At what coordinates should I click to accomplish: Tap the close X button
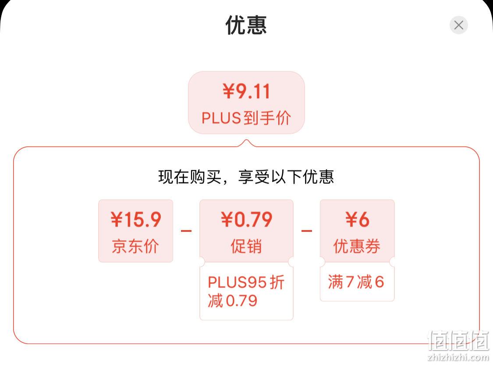(459, 25)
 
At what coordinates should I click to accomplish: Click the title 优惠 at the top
(246, 25)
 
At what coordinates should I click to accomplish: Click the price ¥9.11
(246, 92)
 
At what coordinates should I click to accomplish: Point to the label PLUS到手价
(246, 118)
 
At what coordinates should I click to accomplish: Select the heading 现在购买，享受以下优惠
(246, 177)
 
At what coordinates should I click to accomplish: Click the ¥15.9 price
(136, 220)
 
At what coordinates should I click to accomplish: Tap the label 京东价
(135, 246)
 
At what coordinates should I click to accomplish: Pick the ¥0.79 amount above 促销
(246, 220)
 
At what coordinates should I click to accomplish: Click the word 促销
(246, 246)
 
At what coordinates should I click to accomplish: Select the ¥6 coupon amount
(357, 220)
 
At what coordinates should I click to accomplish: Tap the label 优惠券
(357, 246)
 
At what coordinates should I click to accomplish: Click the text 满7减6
(356, 281)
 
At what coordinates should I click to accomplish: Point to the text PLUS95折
(246, 282)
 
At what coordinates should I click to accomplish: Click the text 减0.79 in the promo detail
(233, 301)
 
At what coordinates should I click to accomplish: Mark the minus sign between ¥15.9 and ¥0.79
(186, 231)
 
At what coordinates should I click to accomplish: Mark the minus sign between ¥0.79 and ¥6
(307, 231)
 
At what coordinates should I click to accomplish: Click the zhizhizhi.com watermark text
(458, 357)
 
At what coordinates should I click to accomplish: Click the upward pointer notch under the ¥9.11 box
(247, 143)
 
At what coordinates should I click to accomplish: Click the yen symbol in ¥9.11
(228, 92)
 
